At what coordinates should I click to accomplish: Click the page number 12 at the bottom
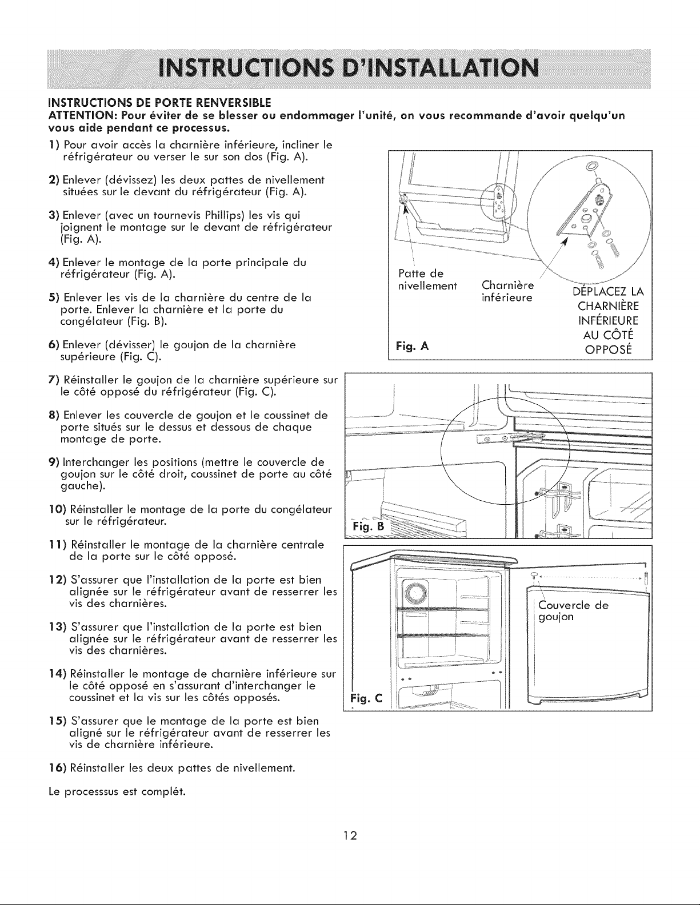tap(350, 835)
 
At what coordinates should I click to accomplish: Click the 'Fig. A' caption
tap(413, 346)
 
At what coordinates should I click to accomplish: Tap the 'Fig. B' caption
tap(368, 526)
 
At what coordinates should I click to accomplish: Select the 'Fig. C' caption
tap(366, 698)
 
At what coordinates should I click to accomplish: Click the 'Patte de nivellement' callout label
tap(427, 279)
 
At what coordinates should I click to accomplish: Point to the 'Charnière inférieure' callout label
tap(507, 292)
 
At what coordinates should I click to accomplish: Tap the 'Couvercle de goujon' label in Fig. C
tap(573, 611)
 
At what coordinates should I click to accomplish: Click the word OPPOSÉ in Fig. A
tap(609, 349)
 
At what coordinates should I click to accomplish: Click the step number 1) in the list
tap(55, 145)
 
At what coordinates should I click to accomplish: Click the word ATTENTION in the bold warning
tap(78, 115)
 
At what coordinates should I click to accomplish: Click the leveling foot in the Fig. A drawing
tap(403, 199)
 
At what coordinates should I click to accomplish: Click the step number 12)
tap(58, 580)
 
